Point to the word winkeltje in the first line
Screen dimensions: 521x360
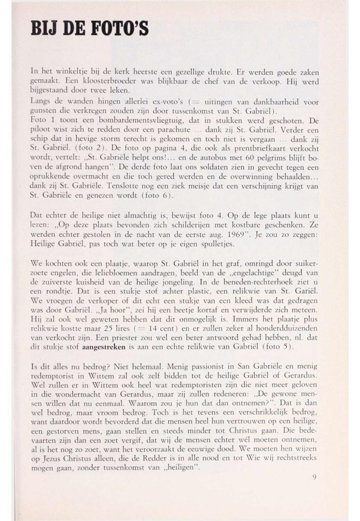[x=72, y=71]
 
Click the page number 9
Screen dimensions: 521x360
[x=314, y=477]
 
